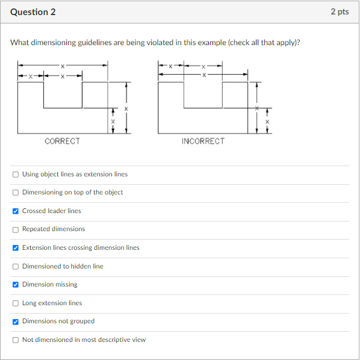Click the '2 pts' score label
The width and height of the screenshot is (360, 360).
point(340,12)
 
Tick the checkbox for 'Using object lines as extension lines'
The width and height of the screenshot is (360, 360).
point(16,175)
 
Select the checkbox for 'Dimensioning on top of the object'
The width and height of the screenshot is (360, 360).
point(16,193)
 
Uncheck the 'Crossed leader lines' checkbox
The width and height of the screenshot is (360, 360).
point(16,211)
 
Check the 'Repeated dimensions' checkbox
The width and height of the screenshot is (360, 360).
point(16,229)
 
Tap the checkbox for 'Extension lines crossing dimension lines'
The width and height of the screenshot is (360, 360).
point(16,248)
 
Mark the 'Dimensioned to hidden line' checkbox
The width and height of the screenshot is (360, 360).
point(16,267)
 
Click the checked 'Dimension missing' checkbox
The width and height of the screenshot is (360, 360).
point(16,285)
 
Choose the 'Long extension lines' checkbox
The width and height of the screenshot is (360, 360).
point(16,303)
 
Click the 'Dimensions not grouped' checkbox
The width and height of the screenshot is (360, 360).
point(16,321)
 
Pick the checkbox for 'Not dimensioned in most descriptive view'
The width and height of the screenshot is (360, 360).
point(16,340)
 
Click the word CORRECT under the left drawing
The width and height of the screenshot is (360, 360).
point(62,141)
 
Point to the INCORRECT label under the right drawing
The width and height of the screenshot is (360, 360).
point(203,141)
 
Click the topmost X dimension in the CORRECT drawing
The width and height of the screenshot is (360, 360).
point(62,65)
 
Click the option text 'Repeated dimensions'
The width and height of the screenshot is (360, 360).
point(54,229)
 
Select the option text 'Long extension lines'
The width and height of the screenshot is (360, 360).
point(52,303)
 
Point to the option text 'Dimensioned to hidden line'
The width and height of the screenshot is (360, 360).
point(63,267)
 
